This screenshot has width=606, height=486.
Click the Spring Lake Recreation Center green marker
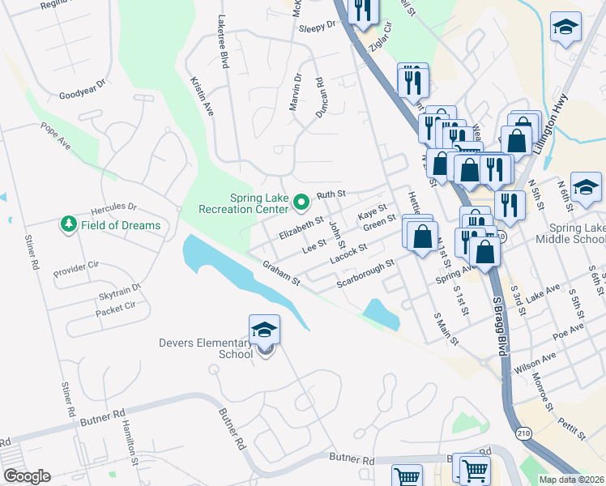[301, 201]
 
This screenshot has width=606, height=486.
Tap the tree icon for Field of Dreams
[68, 224]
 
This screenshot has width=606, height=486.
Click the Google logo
[26, 476]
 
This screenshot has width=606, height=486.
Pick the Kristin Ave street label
[202, 96]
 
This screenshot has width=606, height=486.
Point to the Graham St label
[281, 273]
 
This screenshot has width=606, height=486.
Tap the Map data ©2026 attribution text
[572, 480]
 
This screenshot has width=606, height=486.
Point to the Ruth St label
[331, 194]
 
